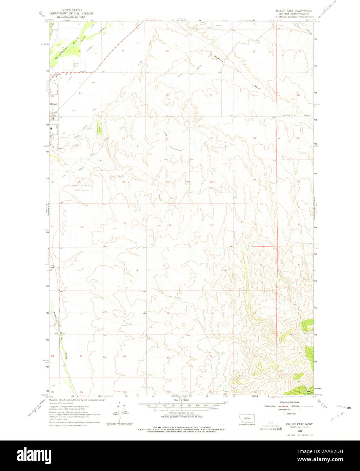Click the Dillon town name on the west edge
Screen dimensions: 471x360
tap(54, 105)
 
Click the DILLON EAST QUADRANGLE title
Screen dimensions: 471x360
tap(294, 11)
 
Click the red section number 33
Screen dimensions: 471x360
tap(125, 223)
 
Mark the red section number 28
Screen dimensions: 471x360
tap(124, 182)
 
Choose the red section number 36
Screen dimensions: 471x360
tap(255, 224)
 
